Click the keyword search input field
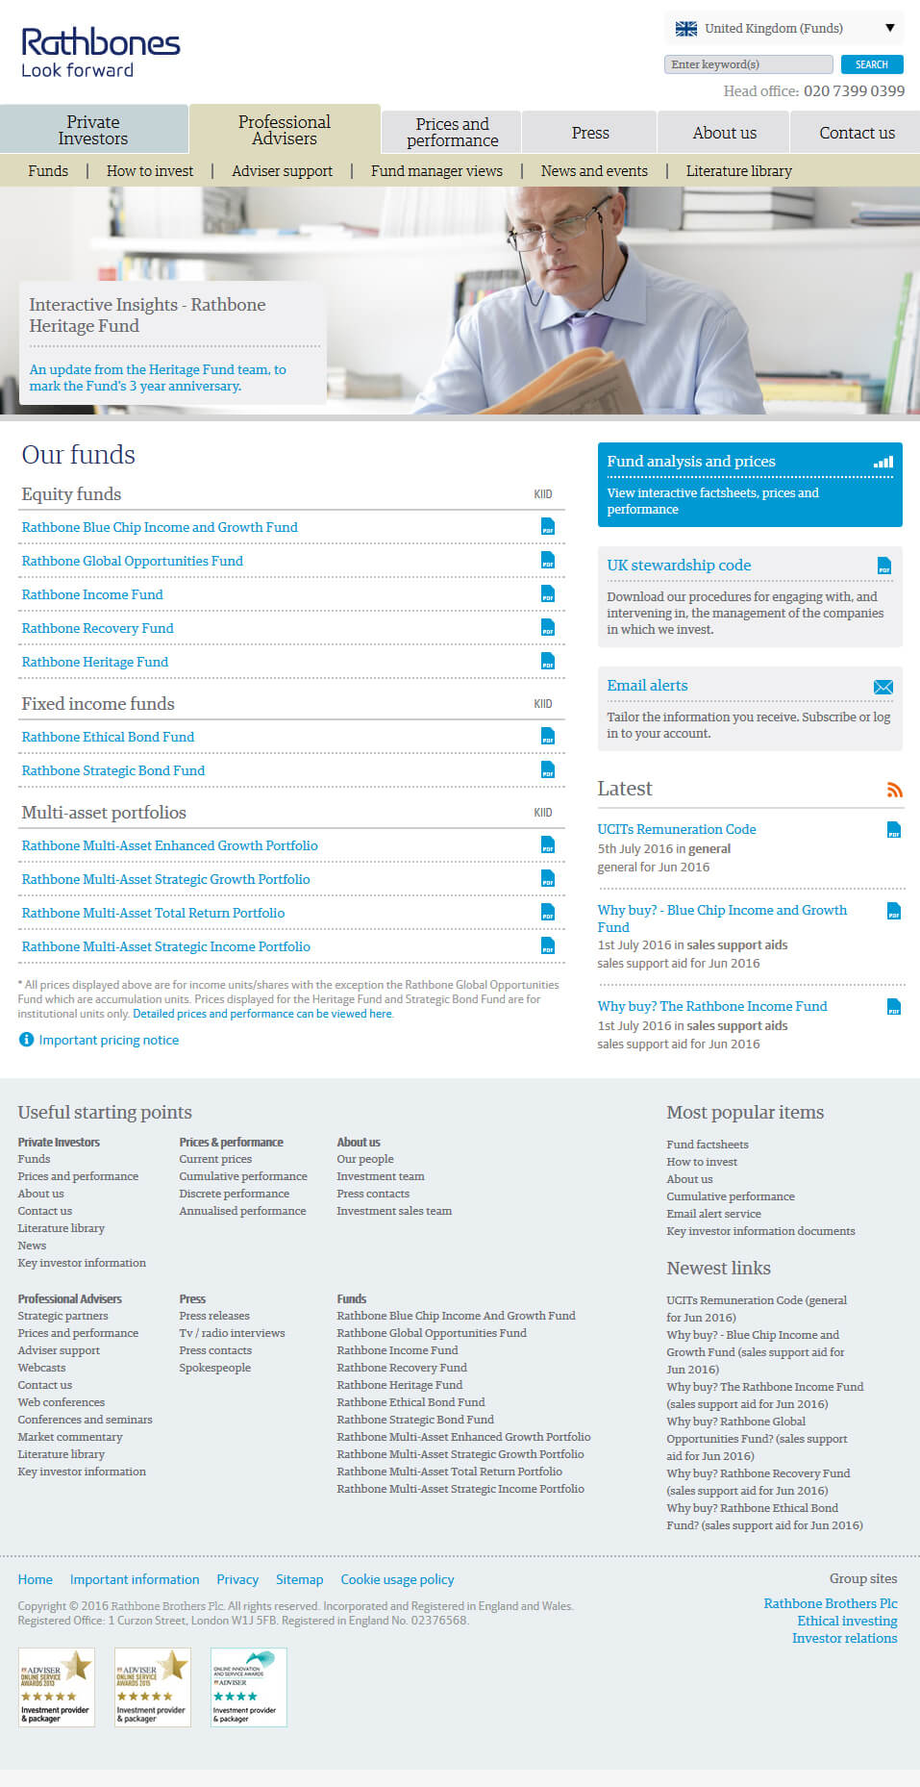pos(748,64)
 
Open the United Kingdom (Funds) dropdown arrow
pos(890,28)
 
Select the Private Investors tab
pos(93,130)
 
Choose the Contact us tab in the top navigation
pos(857,133)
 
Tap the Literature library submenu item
pos(738,171)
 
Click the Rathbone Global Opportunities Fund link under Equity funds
pos(133,561)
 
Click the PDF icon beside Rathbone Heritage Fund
pos(548,662)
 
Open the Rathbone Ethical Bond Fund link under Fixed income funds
pos(108,737)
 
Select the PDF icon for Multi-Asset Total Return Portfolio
pos(548,913)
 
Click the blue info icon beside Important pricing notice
pos(26,1040)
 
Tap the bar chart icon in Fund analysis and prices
pos(883,463)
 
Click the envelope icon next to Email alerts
pos(883,687)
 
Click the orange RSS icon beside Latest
pos(894,790)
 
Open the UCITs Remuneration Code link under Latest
pos(677,829)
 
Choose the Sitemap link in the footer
pos(299,1579)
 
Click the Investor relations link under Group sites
pos(844,1638)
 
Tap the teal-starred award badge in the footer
pos(248,1687)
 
